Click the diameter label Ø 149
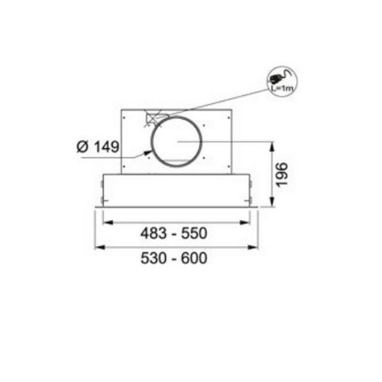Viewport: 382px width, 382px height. point(98,147)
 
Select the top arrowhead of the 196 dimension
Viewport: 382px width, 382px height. point(274,144)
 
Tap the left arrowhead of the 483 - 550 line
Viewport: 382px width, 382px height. point(105,222)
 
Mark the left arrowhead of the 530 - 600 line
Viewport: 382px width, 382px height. point(97,248)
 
